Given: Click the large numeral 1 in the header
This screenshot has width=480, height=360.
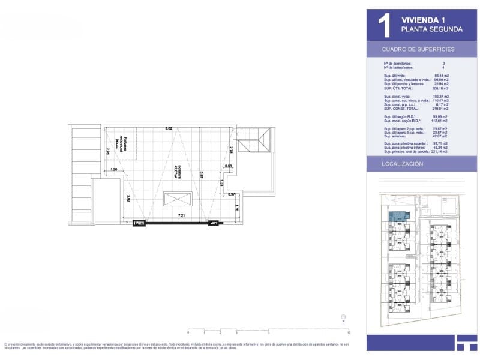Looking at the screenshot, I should (383, 25).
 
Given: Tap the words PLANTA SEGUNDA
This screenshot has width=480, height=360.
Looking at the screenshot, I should (431, 29).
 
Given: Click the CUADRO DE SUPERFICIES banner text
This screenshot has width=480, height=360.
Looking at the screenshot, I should (418, 49).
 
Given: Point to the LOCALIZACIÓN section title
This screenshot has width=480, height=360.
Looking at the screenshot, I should (403, 163).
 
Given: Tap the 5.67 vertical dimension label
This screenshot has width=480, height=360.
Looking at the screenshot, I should (202, 175).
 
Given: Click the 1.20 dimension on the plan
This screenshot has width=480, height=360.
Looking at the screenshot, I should (114, 170).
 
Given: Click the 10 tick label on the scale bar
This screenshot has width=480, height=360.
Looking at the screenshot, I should (349, 332).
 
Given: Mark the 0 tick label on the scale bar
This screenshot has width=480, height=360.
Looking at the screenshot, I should (188, 332).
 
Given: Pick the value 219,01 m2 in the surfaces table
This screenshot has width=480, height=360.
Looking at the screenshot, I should (441, 109).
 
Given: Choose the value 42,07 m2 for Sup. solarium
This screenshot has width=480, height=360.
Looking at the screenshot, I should (441, 136).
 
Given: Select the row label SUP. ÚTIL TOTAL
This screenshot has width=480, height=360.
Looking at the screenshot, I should (398, 88).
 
